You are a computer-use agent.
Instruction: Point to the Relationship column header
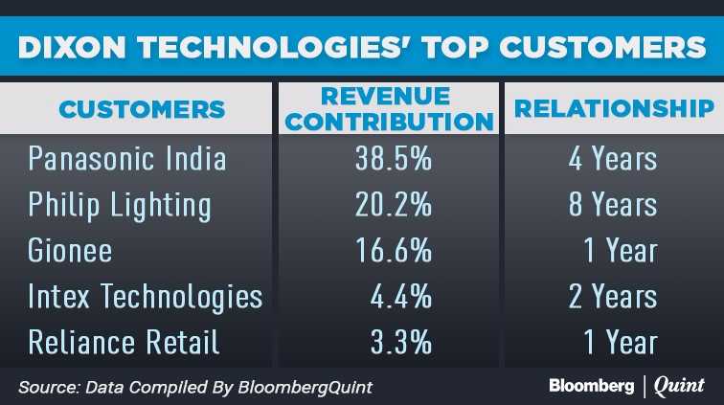coord(614,108)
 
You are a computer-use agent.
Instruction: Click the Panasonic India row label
coord(127,158)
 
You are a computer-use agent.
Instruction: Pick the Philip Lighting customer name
coord(120,204)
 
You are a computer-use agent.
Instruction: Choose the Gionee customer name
coord(70,250)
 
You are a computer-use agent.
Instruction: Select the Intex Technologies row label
coord(146,296)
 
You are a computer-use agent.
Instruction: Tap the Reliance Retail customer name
coord(124,342)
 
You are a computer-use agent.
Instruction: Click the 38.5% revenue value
coord(392,158)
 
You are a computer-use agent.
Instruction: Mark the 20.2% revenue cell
coord(392,204)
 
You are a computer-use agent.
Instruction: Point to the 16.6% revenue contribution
coord(392,250)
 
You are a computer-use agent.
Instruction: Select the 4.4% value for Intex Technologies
coord(401,296)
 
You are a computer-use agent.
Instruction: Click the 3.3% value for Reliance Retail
coord(401,342)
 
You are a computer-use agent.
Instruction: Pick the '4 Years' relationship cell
coord(614,158)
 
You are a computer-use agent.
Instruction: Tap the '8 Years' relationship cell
coord(614,204)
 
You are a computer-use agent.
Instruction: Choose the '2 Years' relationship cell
coord(614,296)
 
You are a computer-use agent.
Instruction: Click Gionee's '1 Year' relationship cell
coord(621,250)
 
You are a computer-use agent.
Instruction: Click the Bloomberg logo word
coord(591,385)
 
